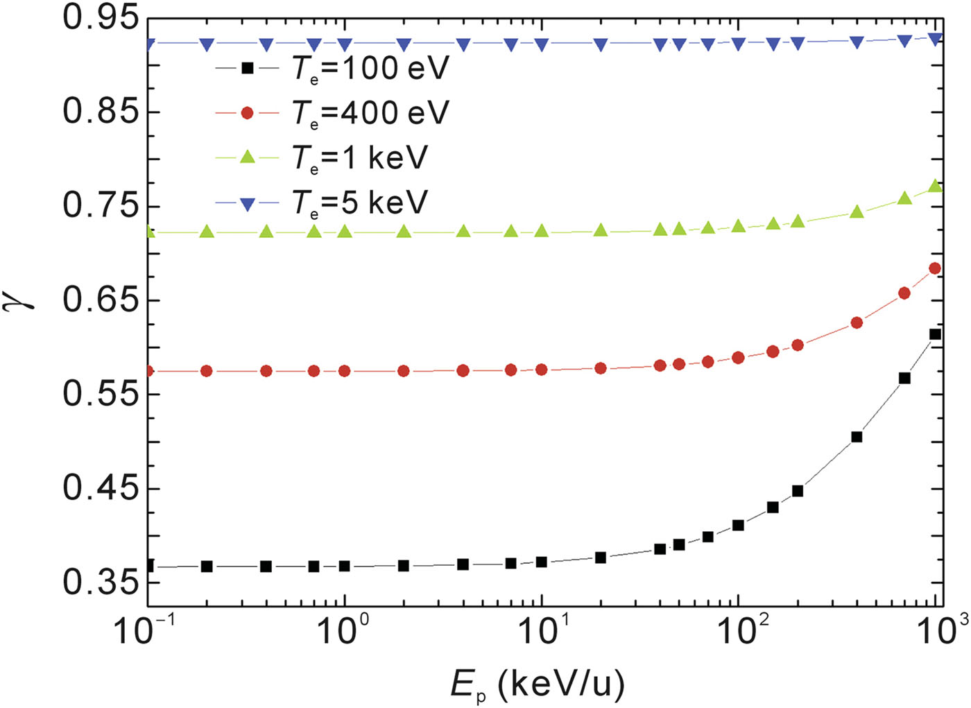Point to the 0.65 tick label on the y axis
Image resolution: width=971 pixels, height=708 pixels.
[x=101, y=300]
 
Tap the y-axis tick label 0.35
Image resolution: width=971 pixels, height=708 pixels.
[x=101, y=582]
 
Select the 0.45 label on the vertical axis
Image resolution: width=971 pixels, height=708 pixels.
[x=101, y=488]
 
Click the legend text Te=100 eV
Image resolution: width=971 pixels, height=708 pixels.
[x=370, y=69]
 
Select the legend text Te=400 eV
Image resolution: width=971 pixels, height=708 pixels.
[x=370, y=113]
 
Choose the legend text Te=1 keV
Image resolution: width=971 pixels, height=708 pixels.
[x=359, y=158]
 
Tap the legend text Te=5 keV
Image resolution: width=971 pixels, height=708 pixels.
[x=359, y=202]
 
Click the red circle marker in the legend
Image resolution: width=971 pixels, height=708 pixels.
[x=247, y=113]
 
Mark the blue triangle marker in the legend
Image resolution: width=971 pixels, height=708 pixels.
[x=247, y=203]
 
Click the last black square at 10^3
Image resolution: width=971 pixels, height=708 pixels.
[x=934, y=335]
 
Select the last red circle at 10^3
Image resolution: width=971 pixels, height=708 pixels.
[x=934, y=268]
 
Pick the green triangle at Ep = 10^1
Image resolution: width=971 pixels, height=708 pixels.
[x=542, y=231]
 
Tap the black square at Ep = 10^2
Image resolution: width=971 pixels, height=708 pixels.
[x=738, y=526]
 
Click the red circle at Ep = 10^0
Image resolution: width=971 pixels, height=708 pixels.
[x=345, y=371]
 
